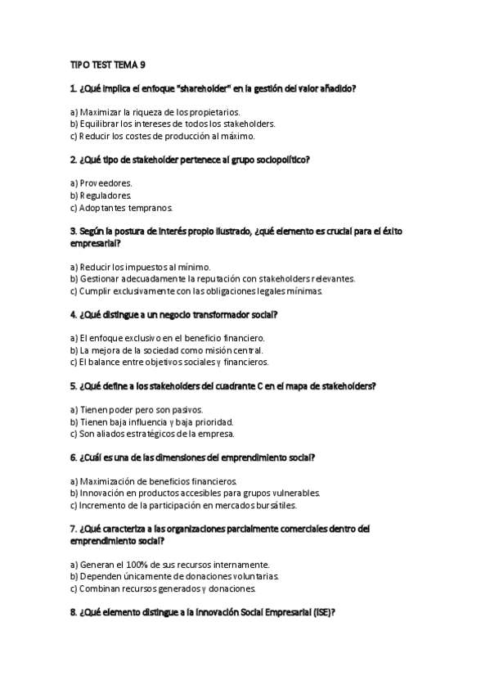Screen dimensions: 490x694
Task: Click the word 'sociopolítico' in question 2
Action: pos(281,159)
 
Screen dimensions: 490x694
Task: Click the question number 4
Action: pos(74,314)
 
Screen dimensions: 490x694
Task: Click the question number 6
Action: pos(74,457)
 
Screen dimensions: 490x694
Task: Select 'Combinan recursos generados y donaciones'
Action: pos(163,588)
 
